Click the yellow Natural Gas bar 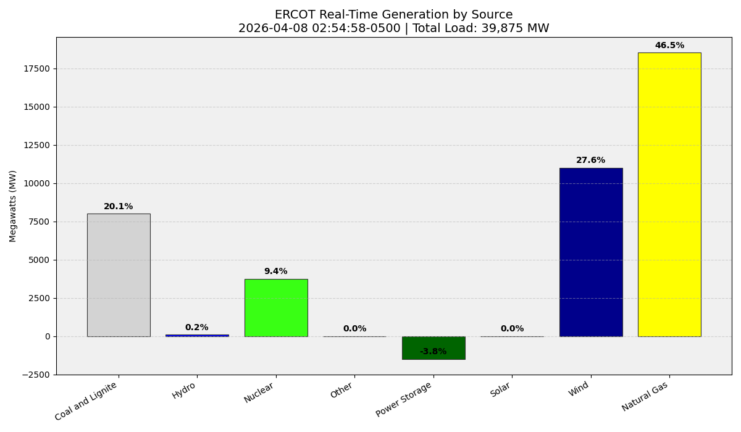coord(669,194)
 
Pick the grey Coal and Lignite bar coord(119,275)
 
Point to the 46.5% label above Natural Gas coord(669,46)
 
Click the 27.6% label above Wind coord(591,160)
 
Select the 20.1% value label coord(119,207)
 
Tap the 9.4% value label coord(276,272)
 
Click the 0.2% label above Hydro coord(197,328)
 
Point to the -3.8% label coord(433,352)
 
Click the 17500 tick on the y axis coord(36,69)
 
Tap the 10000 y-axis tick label coord(36,183)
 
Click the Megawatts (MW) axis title coord(13,206)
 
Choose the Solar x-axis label coord(500,390)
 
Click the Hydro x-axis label coord(184,391)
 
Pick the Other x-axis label coord(342,390)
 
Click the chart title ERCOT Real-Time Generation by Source coord(393,15)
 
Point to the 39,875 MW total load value coord(511,28)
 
